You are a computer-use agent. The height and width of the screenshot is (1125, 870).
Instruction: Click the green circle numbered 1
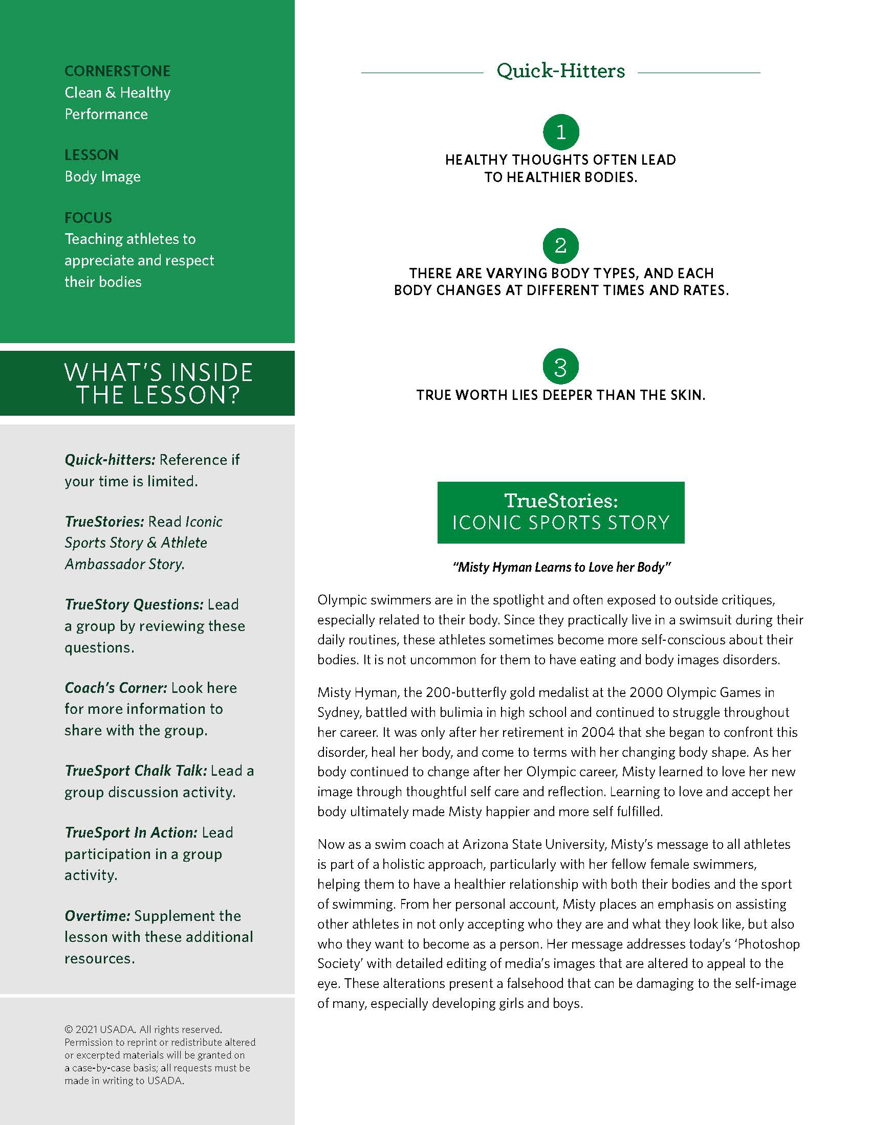click(561, 132)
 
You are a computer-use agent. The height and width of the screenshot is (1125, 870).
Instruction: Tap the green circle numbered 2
click(561, 245)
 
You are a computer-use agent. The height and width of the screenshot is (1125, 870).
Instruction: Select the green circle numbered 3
click(561, 367)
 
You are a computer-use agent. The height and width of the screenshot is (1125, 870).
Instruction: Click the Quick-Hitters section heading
click(561, 71)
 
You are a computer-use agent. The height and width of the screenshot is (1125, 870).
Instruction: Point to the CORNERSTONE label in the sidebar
click(118, 71)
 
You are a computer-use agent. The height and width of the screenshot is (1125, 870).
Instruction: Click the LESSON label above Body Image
click(91, 155)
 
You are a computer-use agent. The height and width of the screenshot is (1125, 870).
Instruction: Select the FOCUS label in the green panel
click(88, 218)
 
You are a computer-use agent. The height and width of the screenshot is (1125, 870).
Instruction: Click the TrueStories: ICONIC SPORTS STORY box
click(561, 512)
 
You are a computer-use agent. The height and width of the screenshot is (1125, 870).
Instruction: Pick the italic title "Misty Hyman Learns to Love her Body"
click(561, 567)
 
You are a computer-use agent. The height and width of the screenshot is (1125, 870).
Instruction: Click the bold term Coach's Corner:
click(116, 688)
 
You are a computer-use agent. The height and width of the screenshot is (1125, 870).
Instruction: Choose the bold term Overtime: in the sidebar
click(97, 916)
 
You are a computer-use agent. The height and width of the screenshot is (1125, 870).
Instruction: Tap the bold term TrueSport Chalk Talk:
click(136, 771)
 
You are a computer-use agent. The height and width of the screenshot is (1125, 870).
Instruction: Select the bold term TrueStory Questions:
click(134, 604)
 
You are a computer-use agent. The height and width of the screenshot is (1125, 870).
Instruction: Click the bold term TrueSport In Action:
click(131, 832)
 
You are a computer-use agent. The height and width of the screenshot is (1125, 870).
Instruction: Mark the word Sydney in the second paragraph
click(338, 713)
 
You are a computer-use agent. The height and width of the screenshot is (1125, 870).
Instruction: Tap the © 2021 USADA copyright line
click(143, 1030)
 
